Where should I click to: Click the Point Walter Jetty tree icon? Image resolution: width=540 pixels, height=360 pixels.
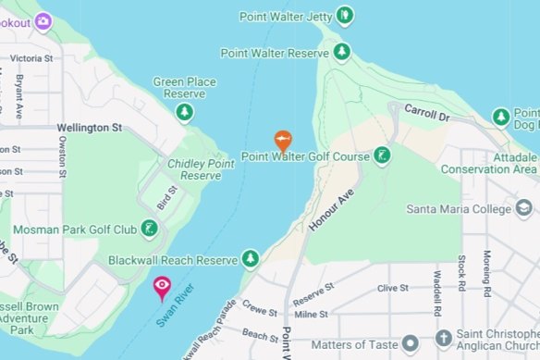tap(345, 16)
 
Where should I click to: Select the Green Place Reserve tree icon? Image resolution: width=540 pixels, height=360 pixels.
tap(185, 112)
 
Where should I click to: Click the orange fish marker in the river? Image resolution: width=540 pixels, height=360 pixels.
tap(283, 141)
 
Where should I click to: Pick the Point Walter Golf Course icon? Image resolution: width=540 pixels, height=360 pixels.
tap(381, 155)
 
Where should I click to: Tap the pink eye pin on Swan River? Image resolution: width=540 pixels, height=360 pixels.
tap(162, 288)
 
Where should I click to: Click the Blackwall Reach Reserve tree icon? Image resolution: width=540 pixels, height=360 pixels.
tap(250, 257)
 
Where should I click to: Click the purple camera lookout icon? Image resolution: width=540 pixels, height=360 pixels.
tap(43, 20)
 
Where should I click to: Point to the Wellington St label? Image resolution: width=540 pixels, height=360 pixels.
tap(90, 128)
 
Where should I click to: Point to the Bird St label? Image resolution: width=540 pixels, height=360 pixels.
tap(166, 196)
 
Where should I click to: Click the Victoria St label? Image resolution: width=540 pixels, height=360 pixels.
tap(31, 57)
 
